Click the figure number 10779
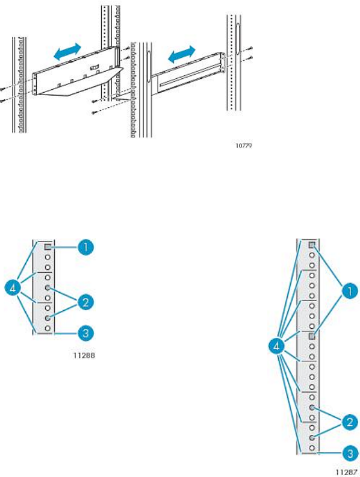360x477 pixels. (244, 146)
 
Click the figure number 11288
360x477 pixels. (84, 355)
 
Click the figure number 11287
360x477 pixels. (347, 472)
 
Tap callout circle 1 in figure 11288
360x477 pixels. (85, 247)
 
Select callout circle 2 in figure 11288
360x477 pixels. (85, 302)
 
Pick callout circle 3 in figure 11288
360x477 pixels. (85, 333)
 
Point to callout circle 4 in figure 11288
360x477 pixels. (13, 288)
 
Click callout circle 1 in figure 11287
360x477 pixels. (350, 291)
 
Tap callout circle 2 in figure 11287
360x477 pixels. (350, 422)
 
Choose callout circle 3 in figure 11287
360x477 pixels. (350, 454)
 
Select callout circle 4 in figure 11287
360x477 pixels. (277, 346)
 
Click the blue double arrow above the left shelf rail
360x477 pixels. (67, 51)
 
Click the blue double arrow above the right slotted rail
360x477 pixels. (182, 54)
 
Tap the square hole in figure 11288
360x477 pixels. (48, 247)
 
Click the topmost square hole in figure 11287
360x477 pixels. (312, 245)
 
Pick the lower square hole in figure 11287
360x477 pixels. (312, 336)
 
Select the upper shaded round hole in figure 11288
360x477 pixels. (48, 287)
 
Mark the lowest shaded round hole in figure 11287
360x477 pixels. (312, 437)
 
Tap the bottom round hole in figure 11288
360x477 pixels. (48, 328)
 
